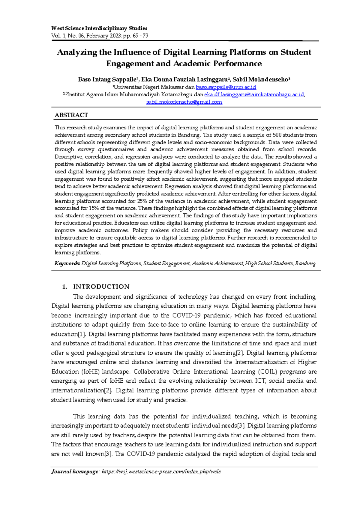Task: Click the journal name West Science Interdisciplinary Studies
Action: pyautogui.click(x=99, y=28)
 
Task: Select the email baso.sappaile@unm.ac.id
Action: pyautogui.click(x=226, y=87)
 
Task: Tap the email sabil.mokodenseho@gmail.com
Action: pyautogui.click(x=184, y=102)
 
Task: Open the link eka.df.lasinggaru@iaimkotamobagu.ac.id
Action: pyautogui.click(x=254, y=95)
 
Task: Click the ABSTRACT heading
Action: pyautogui.click(x=71, y=115)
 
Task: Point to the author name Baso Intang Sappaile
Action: pyautogui.click(x=107, y=80)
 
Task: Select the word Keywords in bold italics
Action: pyautogui.click(x=67, y=264)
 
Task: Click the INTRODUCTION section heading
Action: pyautogui.click(x=101, y=287)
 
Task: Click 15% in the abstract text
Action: pyautogui.click(x=94, y=208)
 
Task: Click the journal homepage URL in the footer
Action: pyautogui.click(x=161, y=471)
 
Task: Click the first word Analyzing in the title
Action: pyautogui.click(x=77, y=53)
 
